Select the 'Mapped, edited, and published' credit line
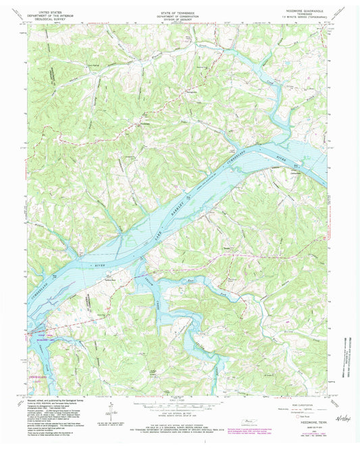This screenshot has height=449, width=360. pos(61,400)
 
